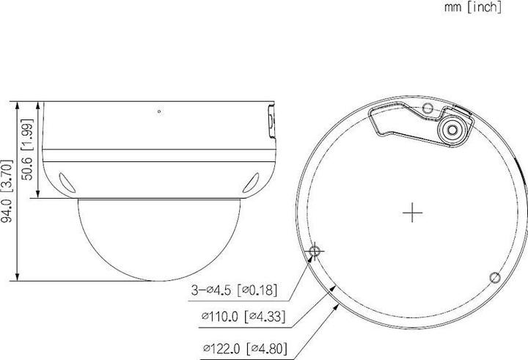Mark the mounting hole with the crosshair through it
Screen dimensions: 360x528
point(315,251)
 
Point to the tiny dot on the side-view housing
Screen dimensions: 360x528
point(159,111)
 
